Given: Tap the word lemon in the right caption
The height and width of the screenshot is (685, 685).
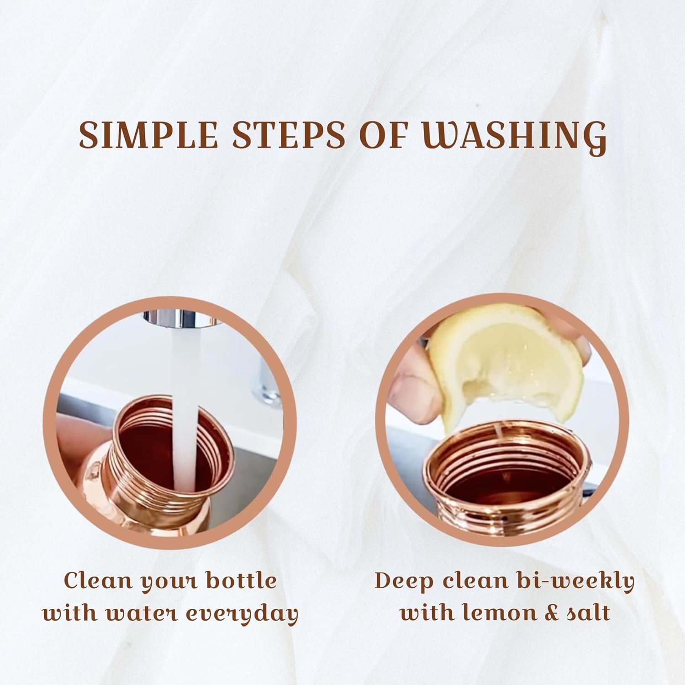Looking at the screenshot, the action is pyautogui.click(x=490, y=613).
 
